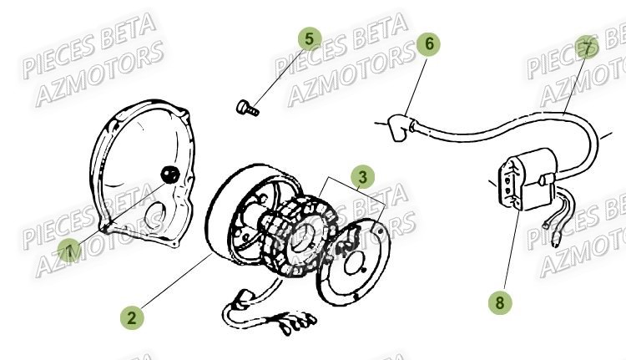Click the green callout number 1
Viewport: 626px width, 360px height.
pos(70,250)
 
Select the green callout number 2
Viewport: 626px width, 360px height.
pos(131,317)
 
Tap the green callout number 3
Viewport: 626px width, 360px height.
pos(363,176)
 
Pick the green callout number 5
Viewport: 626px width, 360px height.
pos(310,38)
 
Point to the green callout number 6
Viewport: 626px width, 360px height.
pos(428,43)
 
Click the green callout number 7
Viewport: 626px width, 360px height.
pos(588,48)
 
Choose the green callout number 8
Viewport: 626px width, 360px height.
pos(500,302)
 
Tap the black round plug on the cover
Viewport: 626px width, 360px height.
pos(169,173)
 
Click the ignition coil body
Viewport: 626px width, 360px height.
pos(523,180)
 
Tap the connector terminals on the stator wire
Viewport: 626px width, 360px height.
pos(296,321)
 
